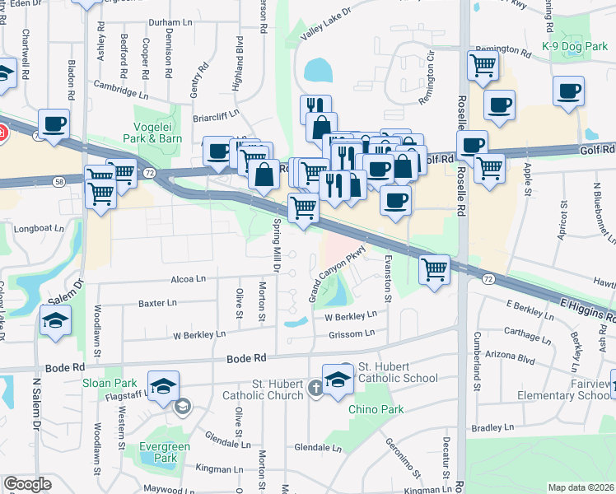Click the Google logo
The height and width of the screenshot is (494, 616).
27,485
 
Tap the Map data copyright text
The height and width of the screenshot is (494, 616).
581,487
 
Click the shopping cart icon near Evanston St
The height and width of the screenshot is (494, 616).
433,268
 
